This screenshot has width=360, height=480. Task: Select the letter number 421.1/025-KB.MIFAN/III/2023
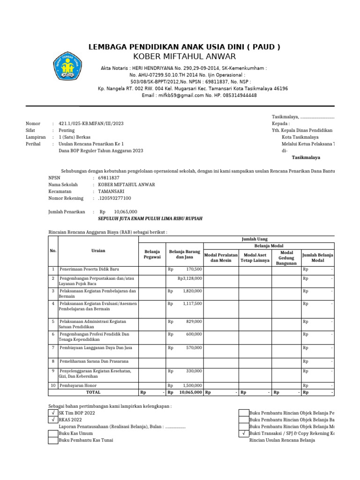(91, 124)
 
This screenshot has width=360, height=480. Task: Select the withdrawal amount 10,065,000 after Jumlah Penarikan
(126, 212)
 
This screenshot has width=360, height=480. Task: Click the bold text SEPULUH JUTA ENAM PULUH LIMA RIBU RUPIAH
(150, 219)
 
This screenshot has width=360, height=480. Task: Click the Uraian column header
(98, 251)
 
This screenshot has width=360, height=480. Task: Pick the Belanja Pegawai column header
(152, 254)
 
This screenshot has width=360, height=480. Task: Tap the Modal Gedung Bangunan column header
(286, 257)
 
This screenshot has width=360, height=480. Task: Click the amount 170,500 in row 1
(194, 270)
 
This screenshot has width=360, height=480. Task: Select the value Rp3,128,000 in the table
(190, 278)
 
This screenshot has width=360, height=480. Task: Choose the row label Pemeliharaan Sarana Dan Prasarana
(94, 361)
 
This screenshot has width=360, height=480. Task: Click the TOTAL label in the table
(93, 392)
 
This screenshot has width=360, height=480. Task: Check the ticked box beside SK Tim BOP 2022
(53, 413)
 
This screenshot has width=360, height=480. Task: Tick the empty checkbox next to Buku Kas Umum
(53, 434)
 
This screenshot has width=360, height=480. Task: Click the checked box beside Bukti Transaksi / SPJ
(244, 434)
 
